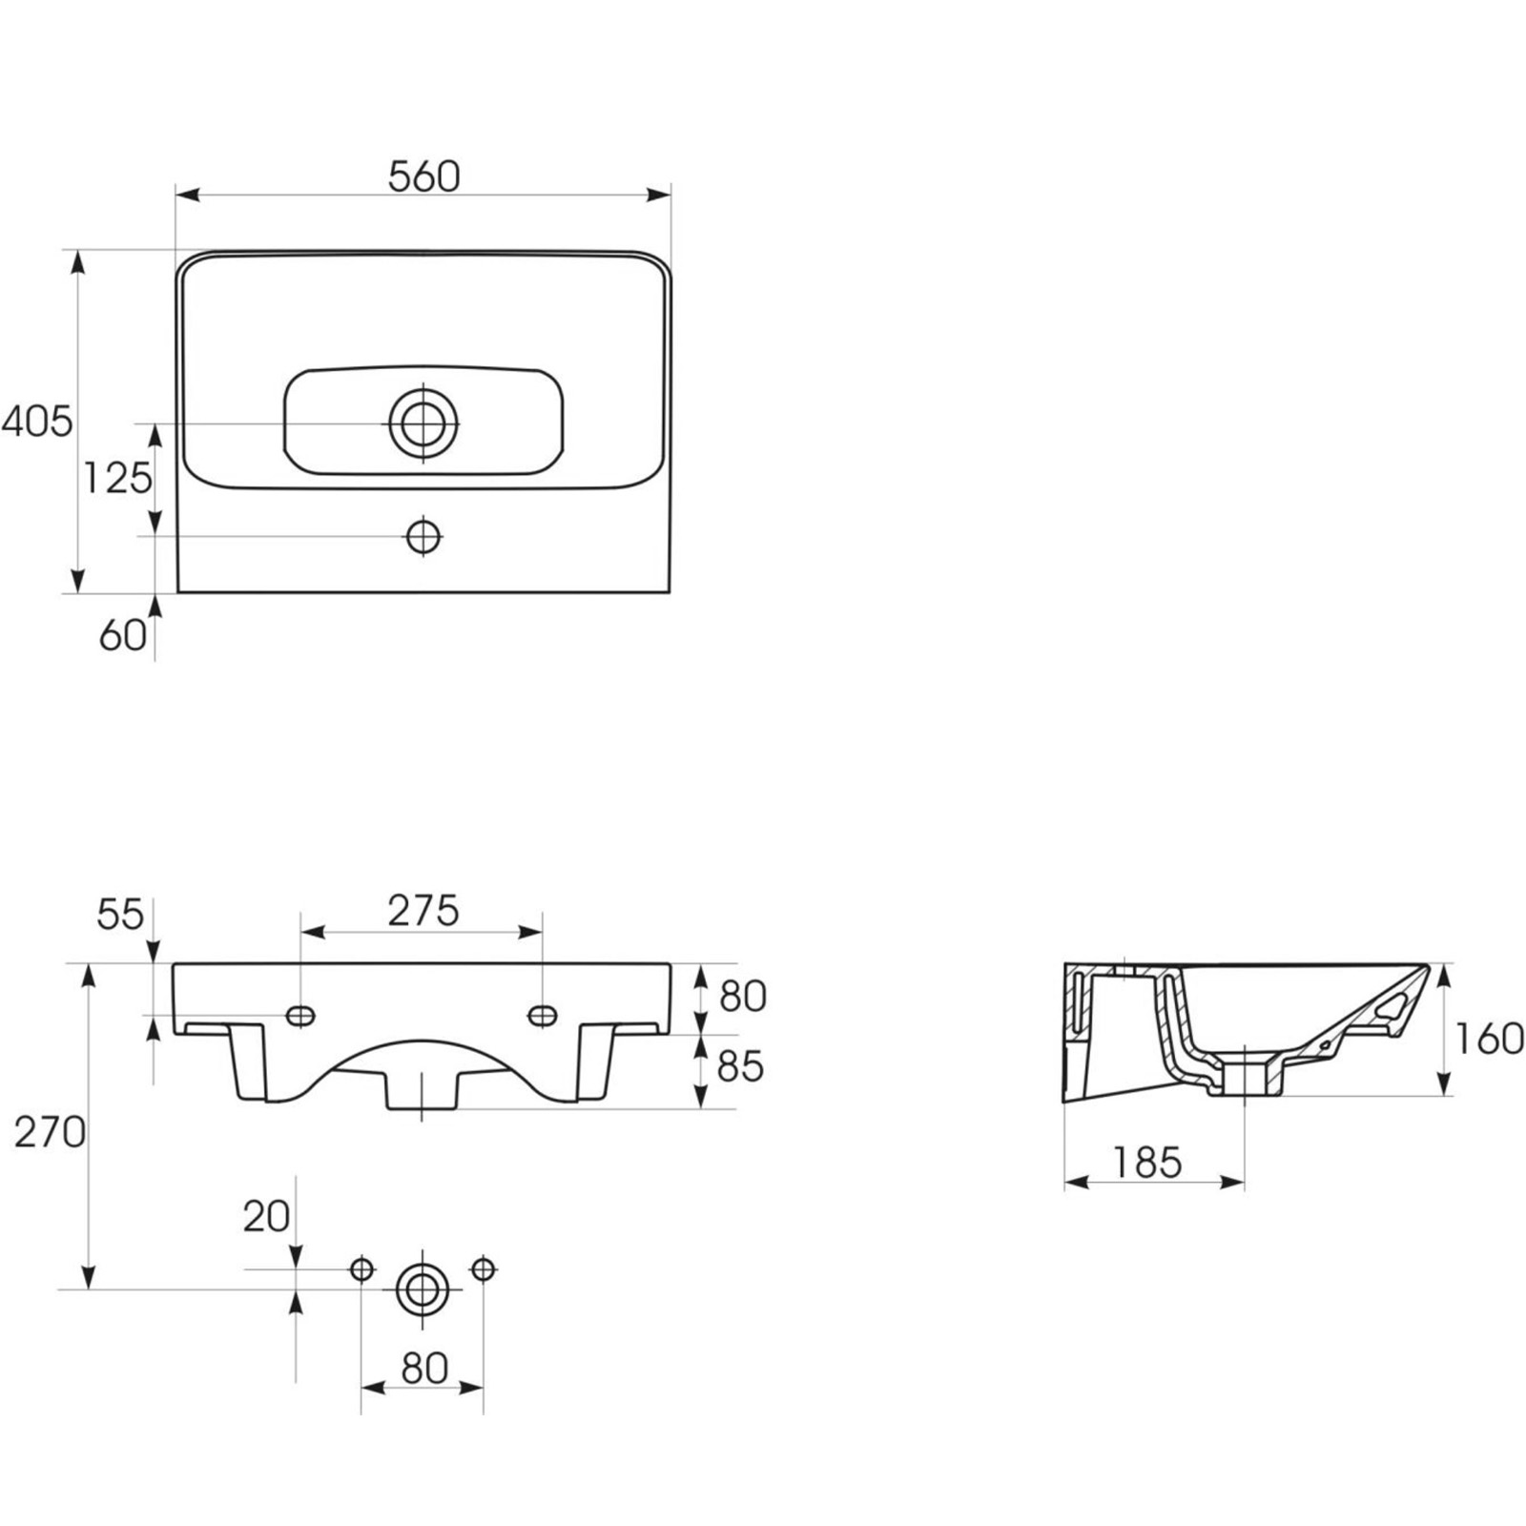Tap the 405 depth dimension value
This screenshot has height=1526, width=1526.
click(36, 421)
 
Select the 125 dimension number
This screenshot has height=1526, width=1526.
click(117, 478)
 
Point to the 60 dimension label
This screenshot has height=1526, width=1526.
click(122, 635)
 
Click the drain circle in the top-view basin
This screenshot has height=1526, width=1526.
click(423, 423)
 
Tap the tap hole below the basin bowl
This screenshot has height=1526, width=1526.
click(423, 536)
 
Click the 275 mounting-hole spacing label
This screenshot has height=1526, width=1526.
click(423, 911)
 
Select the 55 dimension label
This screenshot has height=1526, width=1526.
click(120, 915)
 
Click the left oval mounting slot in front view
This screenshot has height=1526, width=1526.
click(301, 1016)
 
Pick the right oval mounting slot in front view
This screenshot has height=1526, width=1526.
click(542, 1016)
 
